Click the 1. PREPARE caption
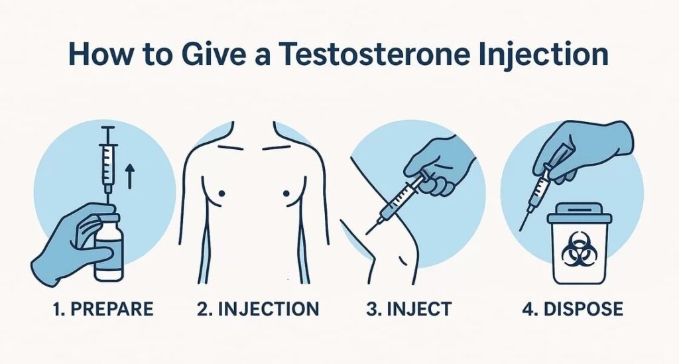[103, 309]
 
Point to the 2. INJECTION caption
[258, 309]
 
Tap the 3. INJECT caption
[408, 309]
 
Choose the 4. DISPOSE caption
[572, 309]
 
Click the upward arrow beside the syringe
[129, 177]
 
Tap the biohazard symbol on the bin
[578, 249]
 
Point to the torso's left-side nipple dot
[222, 194]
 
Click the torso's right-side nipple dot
[286, 194]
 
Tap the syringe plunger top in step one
[107, 128]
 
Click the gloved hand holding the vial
[74, 243]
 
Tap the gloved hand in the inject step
[438, 165]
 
